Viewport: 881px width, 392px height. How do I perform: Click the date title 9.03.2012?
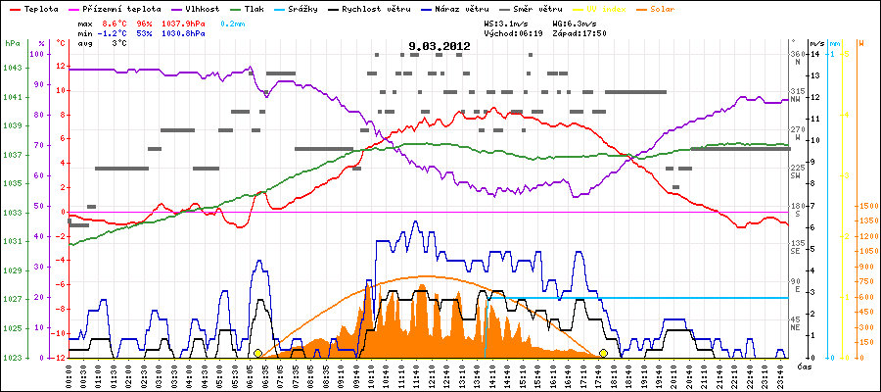(440, 45)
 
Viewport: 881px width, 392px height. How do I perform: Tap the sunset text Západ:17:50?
(580, 32)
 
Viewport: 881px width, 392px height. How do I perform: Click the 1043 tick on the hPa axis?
(12, 67)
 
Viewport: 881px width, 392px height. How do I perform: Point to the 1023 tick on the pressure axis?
(12, 358)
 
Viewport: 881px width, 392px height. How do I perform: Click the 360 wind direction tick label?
(799, 55)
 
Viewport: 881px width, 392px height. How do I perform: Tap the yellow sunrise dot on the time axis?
(257, 353)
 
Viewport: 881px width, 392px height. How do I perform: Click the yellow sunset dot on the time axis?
(603, 353)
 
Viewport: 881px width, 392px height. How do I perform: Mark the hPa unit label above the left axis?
(11, 44)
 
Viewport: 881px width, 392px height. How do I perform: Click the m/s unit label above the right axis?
(816, 44)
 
